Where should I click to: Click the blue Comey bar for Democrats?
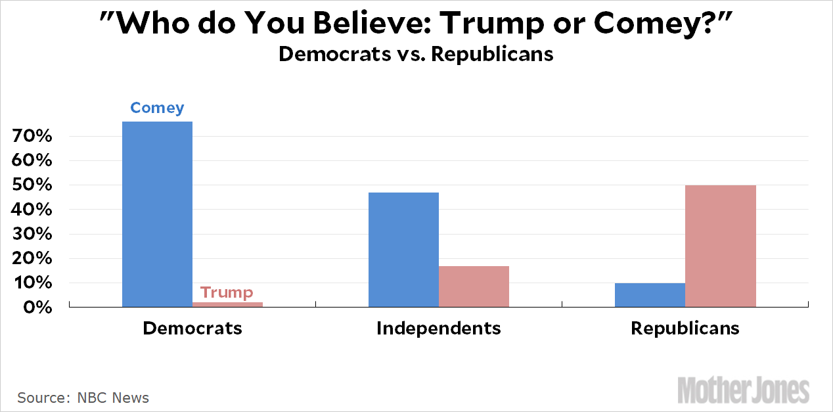[158, 214]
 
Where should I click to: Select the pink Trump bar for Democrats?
[228, 304]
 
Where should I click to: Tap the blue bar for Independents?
[403, 250]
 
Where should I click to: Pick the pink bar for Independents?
[474, 286]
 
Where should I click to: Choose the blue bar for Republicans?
[650, 295]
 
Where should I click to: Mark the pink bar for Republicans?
[720, 246]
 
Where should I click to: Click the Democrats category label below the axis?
[192, 328]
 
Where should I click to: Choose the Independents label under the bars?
[439, 328]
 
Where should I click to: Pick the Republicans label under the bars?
[685, 328]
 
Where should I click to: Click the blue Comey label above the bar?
[157, 108]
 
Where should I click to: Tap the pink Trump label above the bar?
[227, 292]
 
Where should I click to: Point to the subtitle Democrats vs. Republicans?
[416, 54]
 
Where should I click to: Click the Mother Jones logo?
[743, 390]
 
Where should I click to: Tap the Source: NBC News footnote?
[83, 398]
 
